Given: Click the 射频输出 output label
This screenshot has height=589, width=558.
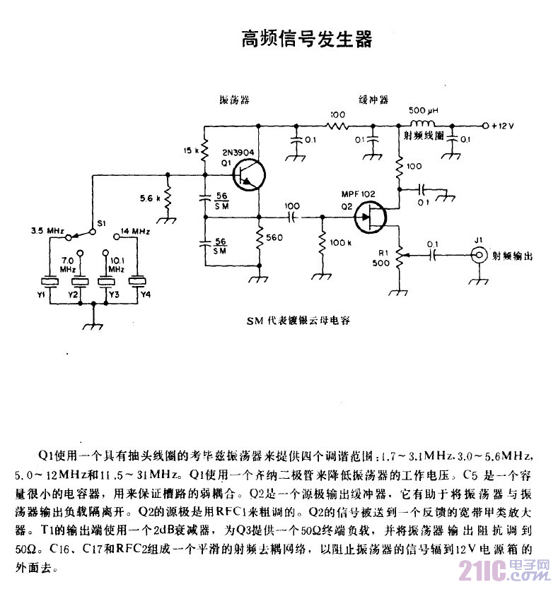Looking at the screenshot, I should point(511,256).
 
